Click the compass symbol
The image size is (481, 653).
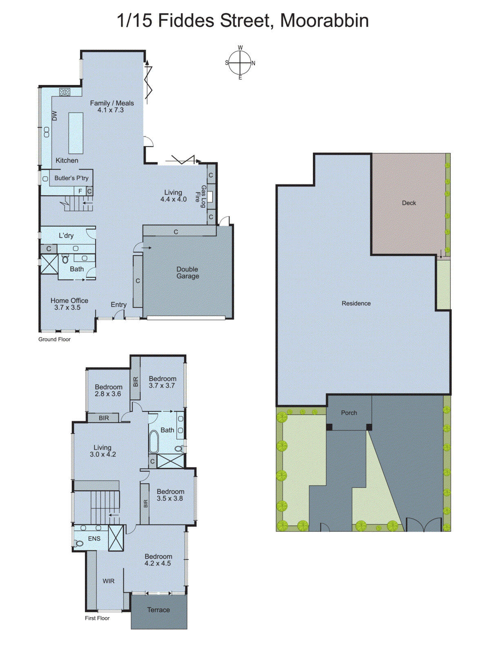(240, 63)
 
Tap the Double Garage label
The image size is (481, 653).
(188, 273)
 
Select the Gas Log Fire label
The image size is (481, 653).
(200, 197)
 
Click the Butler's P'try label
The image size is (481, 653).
(71, 178)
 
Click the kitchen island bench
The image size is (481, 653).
(75, 133)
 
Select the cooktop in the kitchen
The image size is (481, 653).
(65, 92)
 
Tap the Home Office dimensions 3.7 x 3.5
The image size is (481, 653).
(67, 308)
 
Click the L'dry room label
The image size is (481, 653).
(66, 235)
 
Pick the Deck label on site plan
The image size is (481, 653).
(409, 203)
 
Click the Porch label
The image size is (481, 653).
(349, 413)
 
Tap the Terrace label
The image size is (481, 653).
(158, 610)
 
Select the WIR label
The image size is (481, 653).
(109, 581)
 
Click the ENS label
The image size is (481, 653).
(94, 539)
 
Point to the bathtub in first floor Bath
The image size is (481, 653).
(153, 442)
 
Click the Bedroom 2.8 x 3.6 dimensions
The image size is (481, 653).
(108, 394)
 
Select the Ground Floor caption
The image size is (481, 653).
(54, 339)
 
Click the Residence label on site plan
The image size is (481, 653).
(356, 303)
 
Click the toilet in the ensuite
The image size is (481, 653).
(79, 543)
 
